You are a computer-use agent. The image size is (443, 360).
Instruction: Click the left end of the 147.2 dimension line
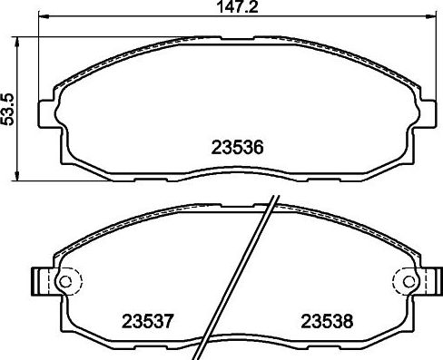(40, 22)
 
